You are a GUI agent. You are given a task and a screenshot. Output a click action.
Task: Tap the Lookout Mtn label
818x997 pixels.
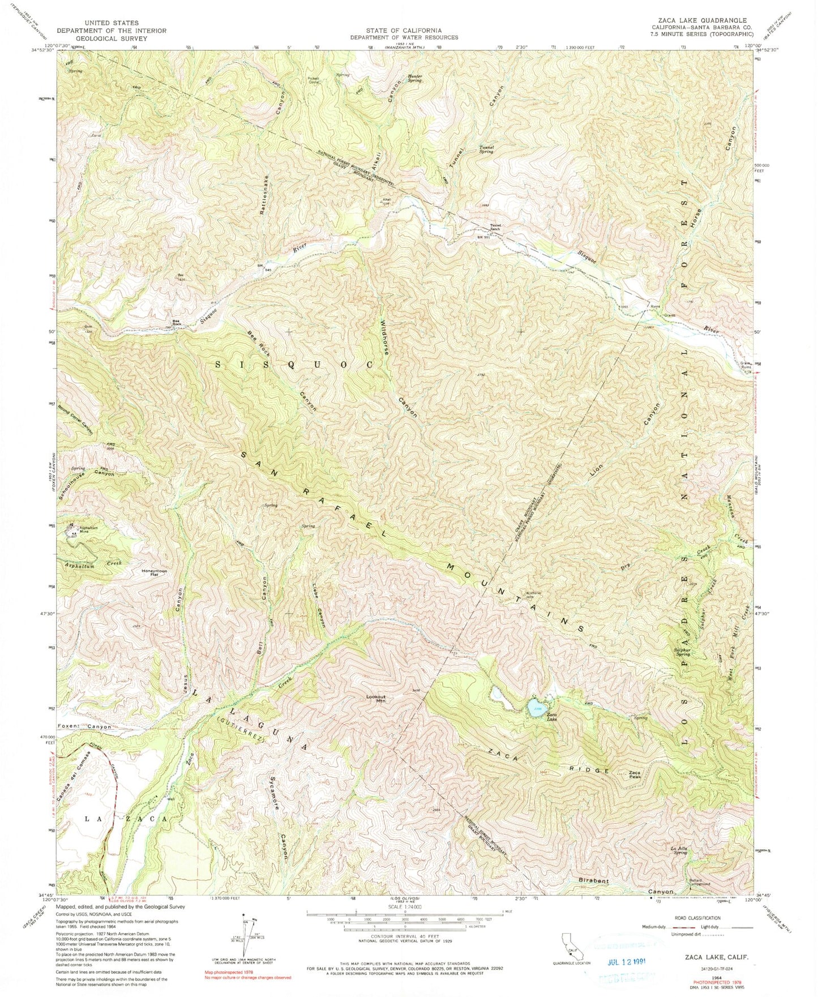coord(376,699)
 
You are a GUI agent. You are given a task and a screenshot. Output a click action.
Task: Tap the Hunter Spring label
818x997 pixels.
coord(414,79)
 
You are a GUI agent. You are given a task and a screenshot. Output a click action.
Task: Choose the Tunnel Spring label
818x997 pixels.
coord(486,149)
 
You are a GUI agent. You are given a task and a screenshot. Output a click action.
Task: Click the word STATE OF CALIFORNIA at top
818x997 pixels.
coord(403,31)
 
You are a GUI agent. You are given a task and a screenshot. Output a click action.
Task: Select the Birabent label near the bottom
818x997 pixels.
coord(593,881)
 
